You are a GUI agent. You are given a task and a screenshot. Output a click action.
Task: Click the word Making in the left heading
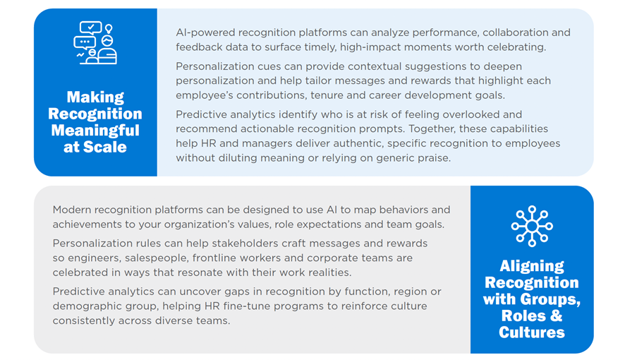point(95,97)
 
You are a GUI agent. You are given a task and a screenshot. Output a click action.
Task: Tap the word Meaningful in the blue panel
point(95,131)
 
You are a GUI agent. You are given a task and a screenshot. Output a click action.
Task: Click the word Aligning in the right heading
point(532,266)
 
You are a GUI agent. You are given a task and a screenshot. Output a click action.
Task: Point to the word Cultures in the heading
point(532,332)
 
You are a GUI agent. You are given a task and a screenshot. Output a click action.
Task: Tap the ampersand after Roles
point(557,316)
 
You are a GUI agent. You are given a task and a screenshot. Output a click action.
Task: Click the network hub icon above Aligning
point(532,226)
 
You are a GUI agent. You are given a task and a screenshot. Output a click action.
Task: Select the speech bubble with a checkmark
point(90,28)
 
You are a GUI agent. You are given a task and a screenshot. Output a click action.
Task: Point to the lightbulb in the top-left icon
point(109,29)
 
